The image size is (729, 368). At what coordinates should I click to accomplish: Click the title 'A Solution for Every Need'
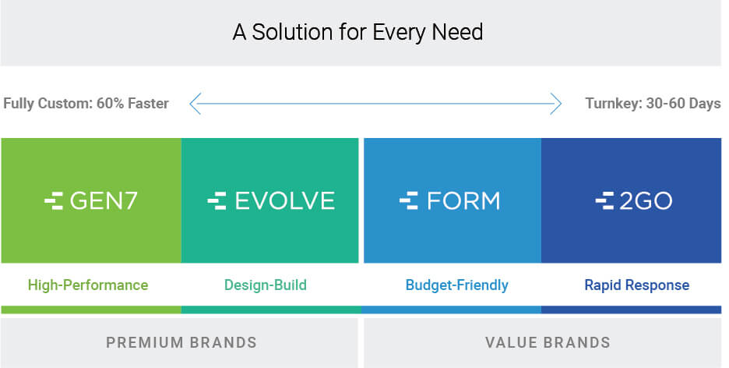click(357, 33)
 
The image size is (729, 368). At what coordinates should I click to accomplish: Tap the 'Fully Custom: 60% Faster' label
click(86, 103)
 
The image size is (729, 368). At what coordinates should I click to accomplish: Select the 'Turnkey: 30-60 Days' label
click(653, 103)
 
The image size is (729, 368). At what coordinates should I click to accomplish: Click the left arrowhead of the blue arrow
click(195, 103)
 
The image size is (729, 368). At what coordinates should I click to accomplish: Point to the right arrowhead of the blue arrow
click(556, 103)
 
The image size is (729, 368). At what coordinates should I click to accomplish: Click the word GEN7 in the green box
click(104, 201)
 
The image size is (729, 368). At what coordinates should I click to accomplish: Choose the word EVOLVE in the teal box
click(284, 201)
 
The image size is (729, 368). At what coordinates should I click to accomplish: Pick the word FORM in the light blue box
click(463, 201)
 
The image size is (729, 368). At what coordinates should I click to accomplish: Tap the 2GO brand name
click(646, 201)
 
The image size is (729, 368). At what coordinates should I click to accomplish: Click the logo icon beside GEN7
click(54, 201)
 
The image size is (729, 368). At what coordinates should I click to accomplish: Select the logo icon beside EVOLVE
click(217, 201)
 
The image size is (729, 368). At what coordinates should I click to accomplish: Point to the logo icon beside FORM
click(409, 201)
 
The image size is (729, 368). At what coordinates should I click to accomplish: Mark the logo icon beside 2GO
click(604, 201)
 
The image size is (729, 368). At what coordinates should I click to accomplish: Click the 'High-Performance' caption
click(88, 285)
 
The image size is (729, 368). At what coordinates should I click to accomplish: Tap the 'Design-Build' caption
click(266, 285)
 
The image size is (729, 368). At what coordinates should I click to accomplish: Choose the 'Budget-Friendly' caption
click(456, 285)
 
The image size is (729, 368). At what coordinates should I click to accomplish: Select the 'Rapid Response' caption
click(636, 285)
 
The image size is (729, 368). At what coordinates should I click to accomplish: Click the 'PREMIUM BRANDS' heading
click(181, 342)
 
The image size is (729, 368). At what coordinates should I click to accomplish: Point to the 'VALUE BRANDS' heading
click(548, 342)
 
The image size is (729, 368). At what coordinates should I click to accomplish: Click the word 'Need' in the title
click(457, 32)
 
